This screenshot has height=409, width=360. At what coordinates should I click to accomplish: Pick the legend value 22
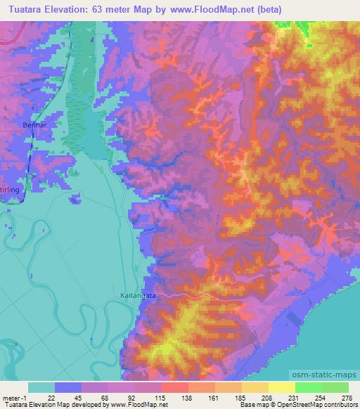click(51, 398)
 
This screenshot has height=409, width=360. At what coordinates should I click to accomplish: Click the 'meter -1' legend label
click(13, 398)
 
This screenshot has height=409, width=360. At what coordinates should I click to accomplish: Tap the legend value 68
click(105, 398)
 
